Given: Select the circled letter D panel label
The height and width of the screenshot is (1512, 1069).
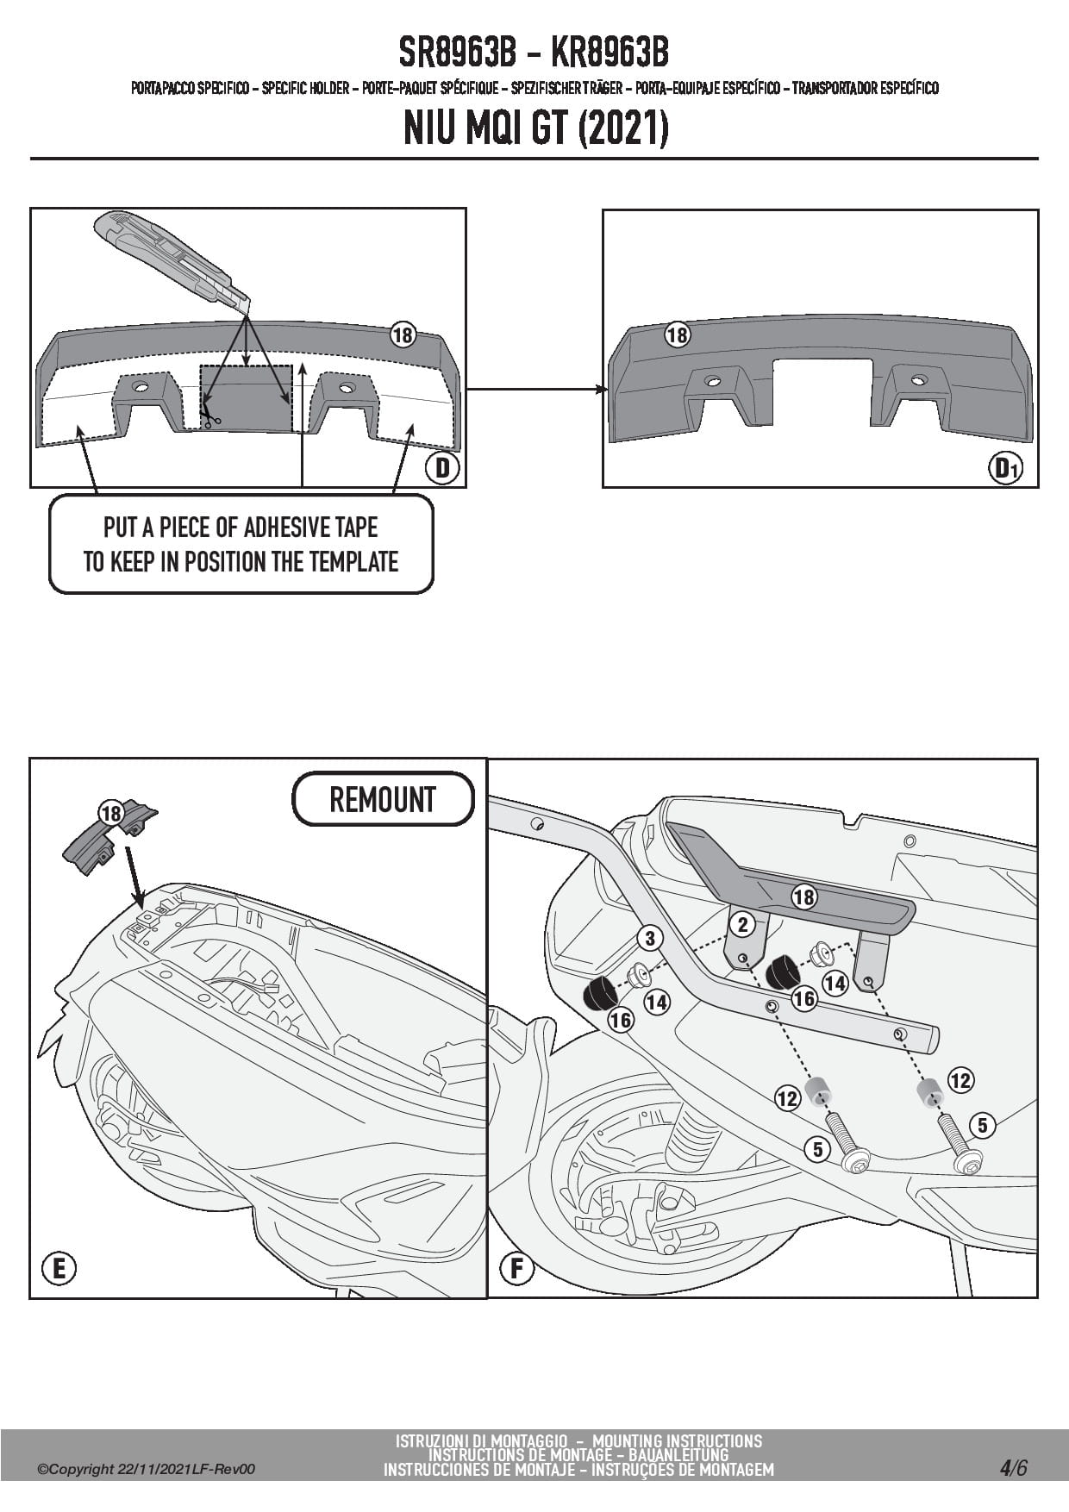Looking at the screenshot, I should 442,468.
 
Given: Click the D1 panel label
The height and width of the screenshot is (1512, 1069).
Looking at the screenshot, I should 1007,468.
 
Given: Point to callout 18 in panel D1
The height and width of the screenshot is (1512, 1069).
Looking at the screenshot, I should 677,334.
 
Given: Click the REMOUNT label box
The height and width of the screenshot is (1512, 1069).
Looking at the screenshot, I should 383,799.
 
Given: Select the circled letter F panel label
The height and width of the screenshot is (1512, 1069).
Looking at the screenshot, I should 517,1268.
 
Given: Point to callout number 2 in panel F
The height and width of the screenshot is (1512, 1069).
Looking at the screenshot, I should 741,925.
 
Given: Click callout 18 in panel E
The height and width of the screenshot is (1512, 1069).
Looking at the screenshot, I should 110,814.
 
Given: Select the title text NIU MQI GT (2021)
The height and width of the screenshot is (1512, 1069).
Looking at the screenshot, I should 534,129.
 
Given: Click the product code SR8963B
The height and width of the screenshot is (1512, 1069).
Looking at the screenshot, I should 457,53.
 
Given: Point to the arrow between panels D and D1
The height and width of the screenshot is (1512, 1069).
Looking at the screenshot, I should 534,390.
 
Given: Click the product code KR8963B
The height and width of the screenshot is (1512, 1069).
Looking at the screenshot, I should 609,53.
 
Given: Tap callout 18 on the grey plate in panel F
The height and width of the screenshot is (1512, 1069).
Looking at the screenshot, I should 803,897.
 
